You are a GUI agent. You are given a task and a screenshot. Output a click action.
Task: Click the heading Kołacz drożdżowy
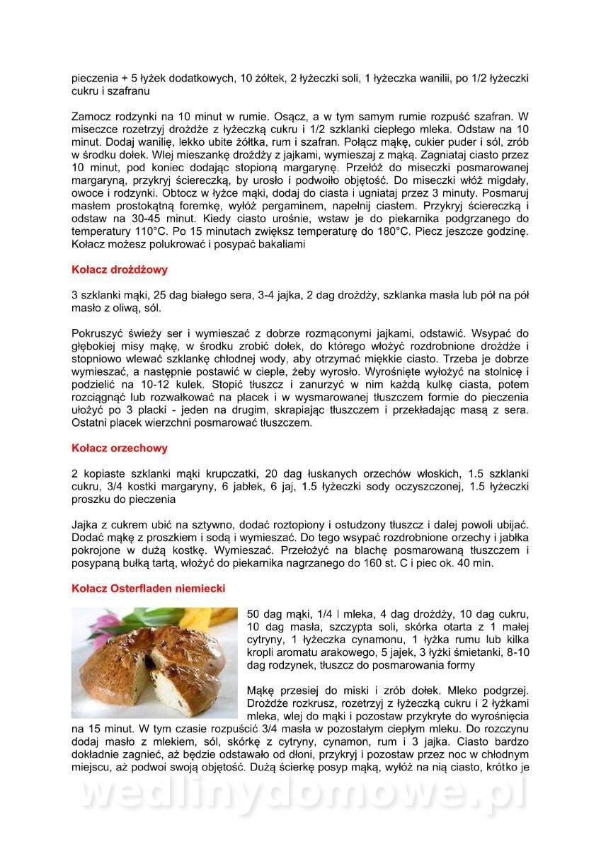[x=120, y=270]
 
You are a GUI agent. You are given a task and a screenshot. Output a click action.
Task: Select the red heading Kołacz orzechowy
[x=120, y=448]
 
